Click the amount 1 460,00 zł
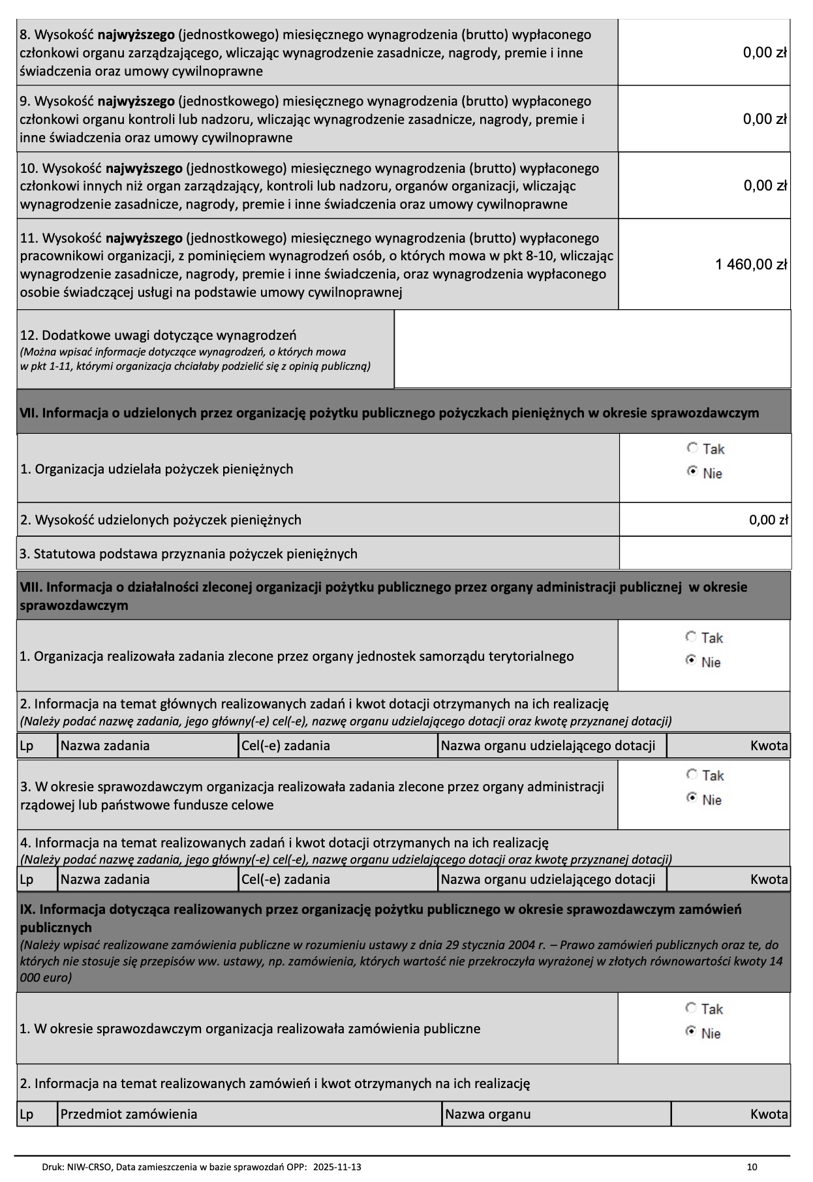(751, 264)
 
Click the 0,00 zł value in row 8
(765, 53)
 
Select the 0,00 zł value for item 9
(765, 119)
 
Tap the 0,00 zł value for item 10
(765, 186)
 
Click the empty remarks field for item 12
(592, 349)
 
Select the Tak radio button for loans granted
(692, 448)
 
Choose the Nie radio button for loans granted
(692, 472)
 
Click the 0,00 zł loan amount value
(769, 520)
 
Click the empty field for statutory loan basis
(705, 554)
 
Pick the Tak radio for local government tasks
(691, 637)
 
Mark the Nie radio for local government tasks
(691, 661)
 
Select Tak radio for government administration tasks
(692, 774)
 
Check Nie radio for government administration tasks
(692, 798)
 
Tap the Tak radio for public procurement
(691, 1008)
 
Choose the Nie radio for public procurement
(691, 1032)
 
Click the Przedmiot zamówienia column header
(129, 1114)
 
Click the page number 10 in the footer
(752, 1166)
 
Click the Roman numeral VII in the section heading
(29, 413)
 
